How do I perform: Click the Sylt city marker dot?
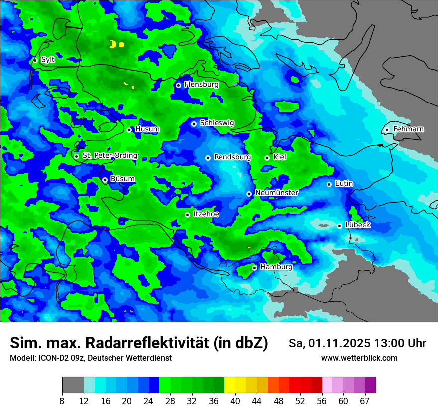point(35,60)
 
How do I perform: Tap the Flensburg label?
point(201,85)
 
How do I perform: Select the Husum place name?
point(147,129)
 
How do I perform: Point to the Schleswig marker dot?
point(194,124)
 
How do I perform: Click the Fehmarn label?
point(408,129)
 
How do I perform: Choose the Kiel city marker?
point(267,158)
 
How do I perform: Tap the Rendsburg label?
point(232,157)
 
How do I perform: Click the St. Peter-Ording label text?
point(109,156)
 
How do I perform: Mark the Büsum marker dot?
point(105,180)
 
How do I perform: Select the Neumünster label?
point(276,193)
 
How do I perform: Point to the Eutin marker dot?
point(329,184)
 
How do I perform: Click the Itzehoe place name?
point(206,214)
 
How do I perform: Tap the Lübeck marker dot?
point(339,226)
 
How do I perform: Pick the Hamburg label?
point(276,267)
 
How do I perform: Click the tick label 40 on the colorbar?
point(235,401)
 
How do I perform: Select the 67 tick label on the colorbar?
point(365,401)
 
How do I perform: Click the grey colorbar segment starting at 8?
point(73,385)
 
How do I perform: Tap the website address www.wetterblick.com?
point(359,358)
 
